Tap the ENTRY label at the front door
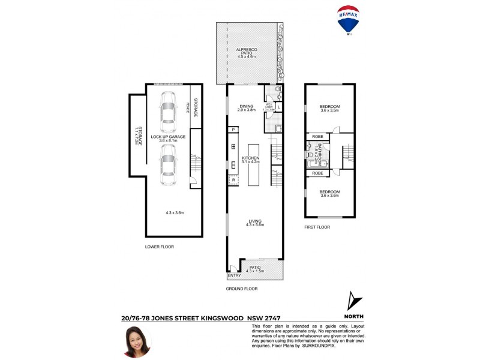235,275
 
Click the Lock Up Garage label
168,137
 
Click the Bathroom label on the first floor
320,155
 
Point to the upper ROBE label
317,137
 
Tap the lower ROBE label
317,173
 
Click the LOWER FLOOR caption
160,247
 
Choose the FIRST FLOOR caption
317,227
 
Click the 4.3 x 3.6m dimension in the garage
175,212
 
